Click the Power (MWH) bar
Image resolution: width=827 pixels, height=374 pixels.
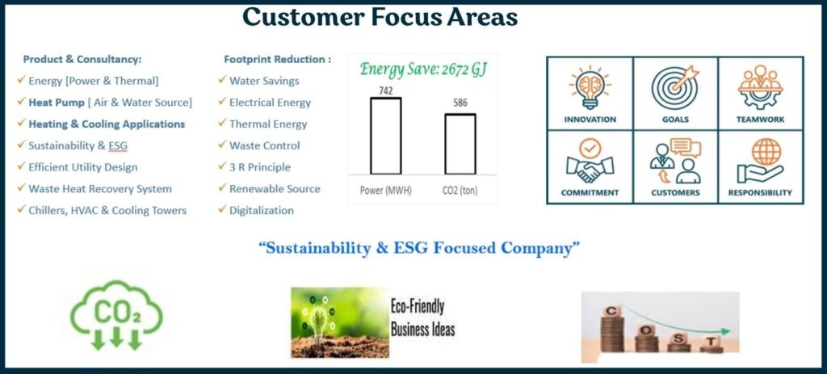tap(385, 136)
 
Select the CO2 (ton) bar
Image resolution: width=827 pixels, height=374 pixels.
tap(460, 144)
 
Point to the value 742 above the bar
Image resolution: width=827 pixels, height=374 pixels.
tap(385, 90)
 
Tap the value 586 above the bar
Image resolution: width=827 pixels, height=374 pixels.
tap(460, 103)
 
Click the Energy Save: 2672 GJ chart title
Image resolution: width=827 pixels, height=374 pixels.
tap(422, 69)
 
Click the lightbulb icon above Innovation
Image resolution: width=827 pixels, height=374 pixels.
tap(590, 88)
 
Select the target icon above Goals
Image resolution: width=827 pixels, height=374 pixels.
tap(674, 86)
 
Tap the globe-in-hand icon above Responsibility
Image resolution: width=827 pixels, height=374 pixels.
tap(760, 161)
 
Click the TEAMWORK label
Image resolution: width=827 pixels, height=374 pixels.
tap(760, 120)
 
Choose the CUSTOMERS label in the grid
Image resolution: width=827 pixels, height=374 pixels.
tap(675, 192)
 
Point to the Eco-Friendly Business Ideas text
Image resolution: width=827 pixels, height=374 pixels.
tap(422, 318)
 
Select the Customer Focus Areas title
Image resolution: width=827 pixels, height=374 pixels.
tap(380, 17)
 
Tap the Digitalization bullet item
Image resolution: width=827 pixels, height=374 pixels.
tap(262, 211)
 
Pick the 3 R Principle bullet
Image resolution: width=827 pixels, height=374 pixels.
tap(260, 167)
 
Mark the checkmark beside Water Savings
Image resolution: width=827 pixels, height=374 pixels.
tap(223, 80)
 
